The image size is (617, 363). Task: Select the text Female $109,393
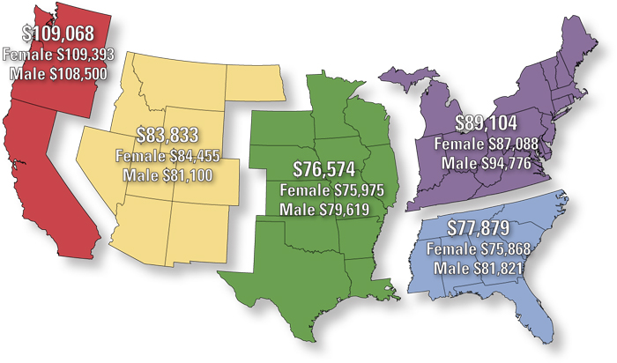click(58, 56)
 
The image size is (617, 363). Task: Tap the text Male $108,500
click(58, 73)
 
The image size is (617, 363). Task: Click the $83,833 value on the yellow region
click(167, 136)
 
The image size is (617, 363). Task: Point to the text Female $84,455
click(167, 156)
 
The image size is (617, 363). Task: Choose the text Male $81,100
click(167, 174)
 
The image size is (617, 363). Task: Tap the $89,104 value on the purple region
click(486, 122)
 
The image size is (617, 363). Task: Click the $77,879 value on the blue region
click(477, 228)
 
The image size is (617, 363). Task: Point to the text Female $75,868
click(477, 249)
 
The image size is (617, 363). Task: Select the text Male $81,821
click(477, 268)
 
